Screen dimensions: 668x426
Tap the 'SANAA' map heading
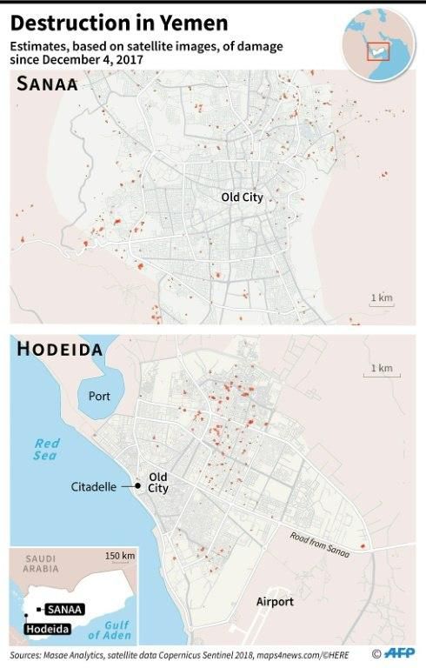49,84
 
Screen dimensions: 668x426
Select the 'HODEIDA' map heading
60,350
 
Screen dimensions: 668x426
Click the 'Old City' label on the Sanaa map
241,198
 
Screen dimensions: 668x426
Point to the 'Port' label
100,396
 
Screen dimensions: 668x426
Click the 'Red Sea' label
46,449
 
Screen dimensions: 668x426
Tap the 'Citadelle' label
94,487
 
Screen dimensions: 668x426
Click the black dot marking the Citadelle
136,486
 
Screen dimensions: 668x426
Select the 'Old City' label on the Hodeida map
158,483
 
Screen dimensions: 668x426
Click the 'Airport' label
275,602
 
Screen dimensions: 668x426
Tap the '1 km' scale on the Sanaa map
382,299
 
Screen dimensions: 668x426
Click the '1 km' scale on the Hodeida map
381,369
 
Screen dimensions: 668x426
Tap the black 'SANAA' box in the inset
65,610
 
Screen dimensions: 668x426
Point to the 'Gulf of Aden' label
116,630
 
